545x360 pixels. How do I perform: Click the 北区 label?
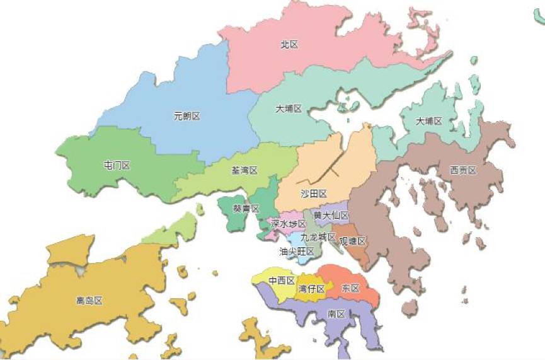(289, 45)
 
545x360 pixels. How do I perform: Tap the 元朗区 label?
(186, 116)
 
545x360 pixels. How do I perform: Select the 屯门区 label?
(116, 165)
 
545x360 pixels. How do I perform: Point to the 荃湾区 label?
(244, 171)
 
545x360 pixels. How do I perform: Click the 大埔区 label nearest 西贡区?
(429, 120)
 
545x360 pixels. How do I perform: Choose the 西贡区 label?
(463, 170)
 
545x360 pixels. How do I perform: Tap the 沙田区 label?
(313, 193)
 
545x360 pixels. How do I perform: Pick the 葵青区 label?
(246, 208)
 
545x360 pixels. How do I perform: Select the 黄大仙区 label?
(331, 216)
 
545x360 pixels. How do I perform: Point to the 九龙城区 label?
(318, 237)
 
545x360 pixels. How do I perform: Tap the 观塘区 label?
(352, 241)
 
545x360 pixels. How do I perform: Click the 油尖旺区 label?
(297, 251)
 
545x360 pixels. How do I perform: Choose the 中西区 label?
(281, 281)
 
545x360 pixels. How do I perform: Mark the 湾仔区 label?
(311, 289)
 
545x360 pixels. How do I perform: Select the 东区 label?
(350, 288)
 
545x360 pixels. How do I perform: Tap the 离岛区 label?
(89, 301)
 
